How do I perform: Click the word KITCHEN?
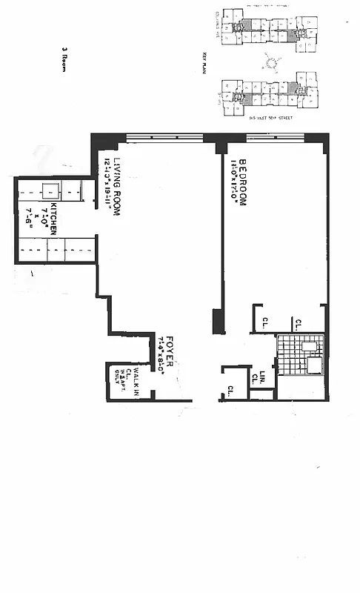[x=54, y=220]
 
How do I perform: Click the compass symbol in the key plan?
[x=271, y=64]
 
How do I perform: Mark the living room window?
[x=164, y=137]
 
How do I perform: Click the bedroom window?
[x=274, y=137]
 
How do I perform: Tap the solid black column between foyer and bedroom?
[x=218, y=321]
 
